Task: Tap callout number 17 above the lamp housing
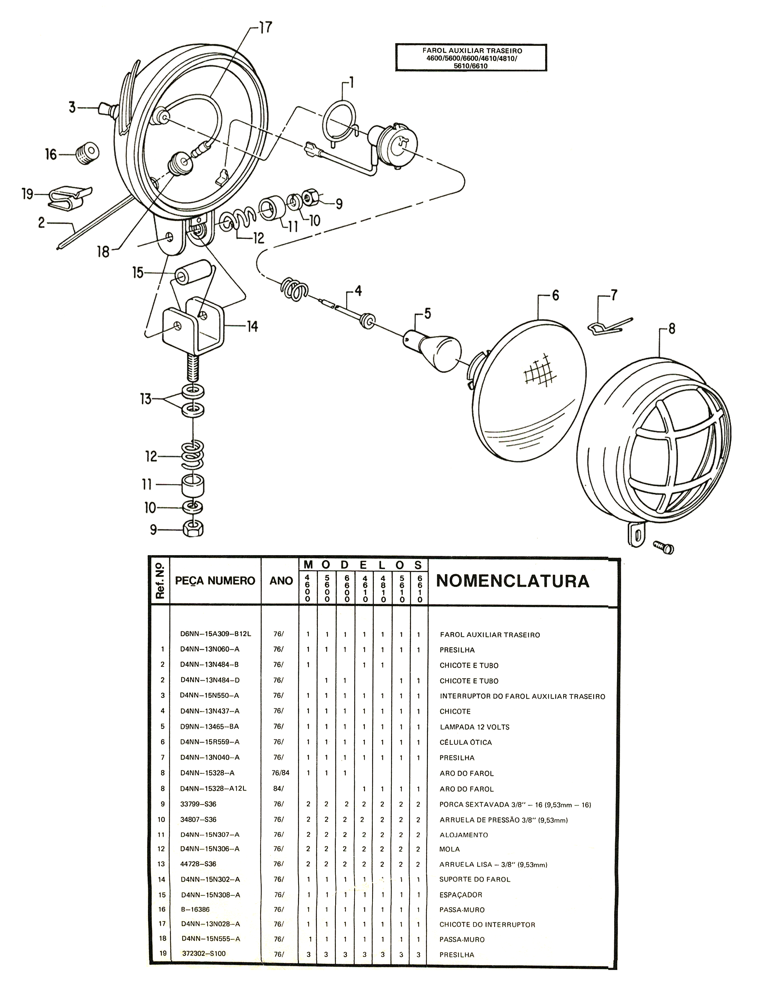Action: pos(265,28)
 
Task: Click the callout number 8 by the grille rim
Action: pos(671,329)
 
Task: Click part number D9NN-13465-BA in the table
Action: pos(209,726)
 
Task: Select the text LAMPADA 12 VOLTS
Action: pos(474,727)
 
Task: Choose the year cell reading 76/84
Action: pos(281,773)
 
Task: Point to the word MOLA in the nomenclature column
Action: pos(450,849)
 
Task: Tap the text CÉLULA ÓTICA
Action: pos(466,742)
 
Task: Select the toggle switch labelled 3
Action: pos(107,108)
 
